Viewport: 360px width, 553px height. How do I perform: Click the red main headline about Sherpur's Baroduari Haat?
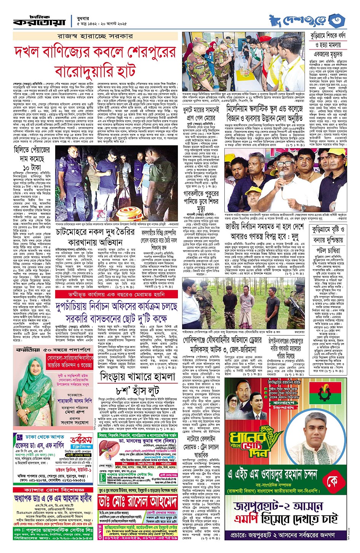(x=95, y=62)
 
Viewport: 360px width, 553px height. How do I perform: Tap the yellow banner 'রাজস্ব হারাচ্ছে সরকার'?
(x=95, y=36)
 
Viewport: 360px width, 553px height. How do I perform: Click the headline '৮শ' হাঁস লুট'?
(x=137, y=391)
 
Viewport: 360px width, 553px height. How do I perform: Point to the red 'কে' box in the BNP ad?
(x=331, y=481)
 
